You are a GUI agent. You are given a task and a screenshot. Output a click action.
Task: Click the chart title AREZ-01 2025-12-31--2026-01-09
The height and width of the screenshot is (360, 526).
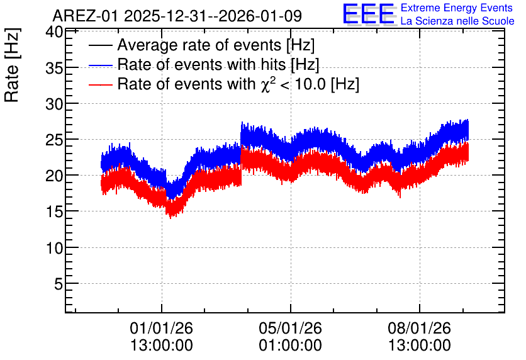point(177,16)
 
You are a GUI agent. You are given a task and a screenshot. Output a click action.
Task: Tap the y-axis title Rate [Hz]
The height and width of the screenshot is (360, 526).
point(13,65)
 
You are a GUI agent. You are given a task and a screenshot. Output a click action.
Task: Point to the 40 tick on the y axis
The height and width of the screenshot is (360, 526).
point(54,32)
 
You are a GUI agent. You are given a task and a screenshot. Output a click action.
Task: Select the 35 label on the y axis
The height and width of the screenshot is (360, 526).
point(54,69)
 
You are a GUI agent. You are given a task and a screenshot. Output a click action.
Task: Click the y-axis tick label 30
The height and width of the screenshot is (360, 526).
point(54,104)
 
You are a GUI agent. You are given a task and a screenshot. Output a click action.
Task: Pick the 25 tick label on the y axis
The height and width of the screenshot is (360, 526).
point(54,140)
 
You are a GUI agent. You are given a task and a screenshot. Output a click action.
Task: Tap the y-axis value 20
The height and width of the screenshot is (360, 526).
point(54,176)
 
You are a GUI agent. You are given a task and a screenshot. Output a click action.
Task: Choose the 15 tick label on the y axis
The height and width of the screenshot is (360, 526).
point(54,212)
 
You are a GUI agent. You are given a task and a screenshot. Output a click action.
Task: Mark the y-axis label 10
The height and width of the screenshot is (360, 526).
point(54,248)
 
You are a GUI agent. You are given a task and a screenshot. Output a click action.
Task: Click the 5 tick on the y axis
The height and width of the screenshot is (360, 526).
point(59,284)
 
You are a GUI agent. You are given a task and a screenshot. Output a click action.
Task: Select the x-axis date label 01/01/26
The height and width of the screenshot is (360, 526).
point(161,328)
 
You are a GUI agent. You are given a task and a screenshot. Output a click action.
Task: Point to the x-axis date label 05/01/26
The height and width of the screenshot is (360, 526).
point(290,328)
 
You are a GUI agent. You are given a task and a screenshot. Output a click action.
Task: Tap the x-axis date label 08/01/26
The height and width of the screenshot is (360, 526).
point(419,328)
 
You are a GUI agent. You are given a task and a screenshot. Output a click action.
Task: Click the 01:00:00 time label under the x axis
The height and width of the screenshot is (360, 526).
point(290,346)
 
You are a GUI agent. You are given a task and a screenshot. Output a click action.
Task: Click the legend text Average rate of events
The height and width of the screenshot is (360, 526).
point(199,45)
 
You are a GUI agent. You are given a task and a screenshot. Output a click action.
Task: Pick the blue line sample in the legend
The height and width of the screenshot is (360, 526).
point(100,65)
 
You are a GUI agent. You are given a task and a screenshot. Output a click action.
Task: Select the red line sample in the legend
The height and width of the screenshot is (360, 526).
point(100,84)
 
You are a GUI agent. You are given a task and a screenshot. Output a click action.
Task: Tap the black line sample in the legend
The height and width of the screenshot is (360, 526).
point(100,45)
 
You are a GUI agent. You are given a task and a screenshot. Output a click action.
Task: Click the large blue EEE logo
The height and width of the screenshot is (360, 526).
point(369,14)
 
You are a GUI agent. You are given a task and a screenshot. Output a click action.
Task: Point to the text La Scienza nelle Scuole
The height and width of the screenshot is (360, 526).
point(457,21)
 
